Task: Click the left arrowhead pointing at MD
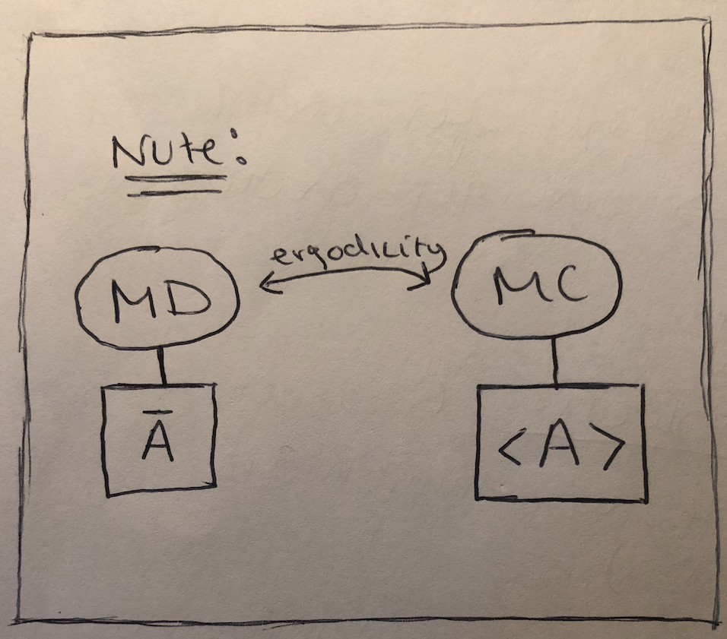click(265, 285)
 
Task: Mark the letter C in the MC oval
click(569, 286)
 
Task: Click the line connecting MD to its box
click(160, 366)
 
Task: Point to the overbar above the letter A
click(157, 414)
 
